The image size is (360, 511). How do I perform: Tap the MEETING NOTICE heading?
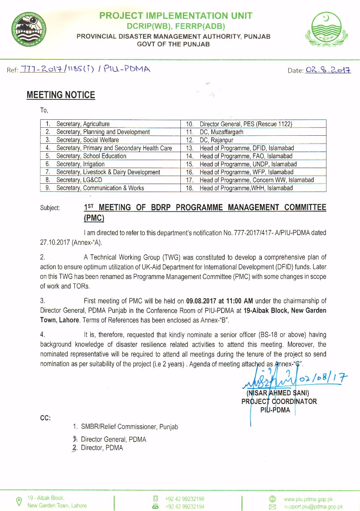(x=61, y=95)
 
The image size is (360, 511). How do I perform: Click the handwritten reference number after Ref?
(x=85, y=69)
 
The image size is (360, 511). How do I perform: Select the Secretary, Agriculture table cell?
(x=83, y=124)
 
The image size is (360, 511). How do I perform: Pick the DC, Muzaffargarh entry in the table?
(x=221, y=132)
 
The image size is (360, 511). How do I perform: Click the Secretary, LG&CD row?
(x=79, y=180)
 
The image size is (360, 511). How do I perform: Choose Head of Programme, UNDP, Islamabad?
(x=248, y=164)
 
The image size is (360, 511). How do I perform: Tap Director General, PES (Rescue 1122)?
(x=246, y=124)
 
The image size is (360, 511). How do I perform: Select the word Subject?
(x=50, y=208)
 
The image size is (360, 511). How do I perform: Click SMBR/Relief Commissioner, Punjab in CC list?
(x=129, y=427)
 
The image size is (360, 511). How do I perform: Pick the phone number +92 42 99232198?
(x=185, y=499)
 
